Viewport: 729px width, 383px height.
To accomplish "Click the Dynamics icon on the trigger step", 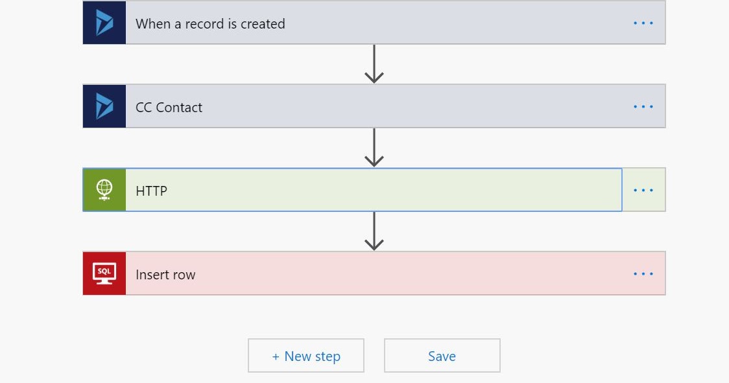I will coord(104,23).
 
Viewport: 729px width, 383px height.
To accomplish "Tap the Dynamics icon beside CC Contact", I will coord(104,106).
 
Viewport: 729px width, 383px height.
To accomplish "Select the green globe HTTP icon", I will coord(104,190).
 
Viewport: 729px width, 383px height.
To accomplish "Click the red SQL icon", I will coord(104,273).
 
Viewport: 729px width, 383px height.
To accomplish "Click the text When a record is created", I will coord(210,24).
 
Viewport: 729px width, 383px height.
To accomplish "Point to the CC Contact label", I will coord(169,108).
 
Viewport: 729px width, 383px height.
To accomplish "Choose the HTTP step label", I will coord(151,191).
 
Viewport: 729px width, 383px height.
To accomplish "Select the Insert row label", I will coord(165,275).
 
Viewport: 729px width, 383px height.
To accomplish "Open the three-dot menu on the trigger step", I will coord(643,23).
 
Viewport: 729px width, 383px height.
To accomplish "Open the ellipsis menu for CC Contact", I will coord(643,107).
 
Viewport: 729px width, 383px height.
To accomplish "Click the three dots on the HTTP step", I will coord(643,191).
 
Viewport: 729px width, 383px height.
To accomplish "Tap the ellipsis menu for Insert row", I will coord(643,274).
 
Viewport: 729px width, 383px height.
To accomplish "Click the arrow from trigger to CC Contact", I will coord(374,64).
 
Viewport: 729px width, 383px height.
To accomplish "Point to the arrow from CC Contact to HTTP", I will coord(374,148).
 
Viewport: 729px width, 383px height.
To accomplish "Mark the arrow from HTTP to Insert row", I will coord(374,231).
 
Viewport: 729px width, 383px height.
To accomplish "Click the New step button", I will coord(306,356).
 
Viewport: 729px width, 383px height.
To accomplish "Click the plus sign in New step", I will coord(276,356).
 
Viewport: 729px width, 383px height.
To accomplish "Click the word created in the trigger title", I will coord(263,24).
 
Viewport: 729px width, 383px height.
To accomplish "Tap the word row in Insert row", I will coord(183,275).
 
